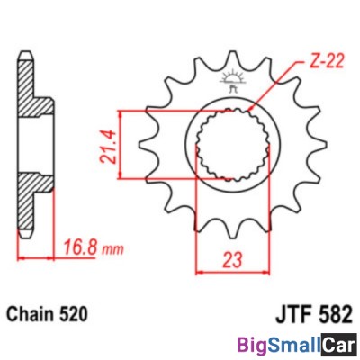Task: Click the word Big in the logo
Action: [253, 344]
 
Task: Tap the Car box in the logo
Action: [339, 344]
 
